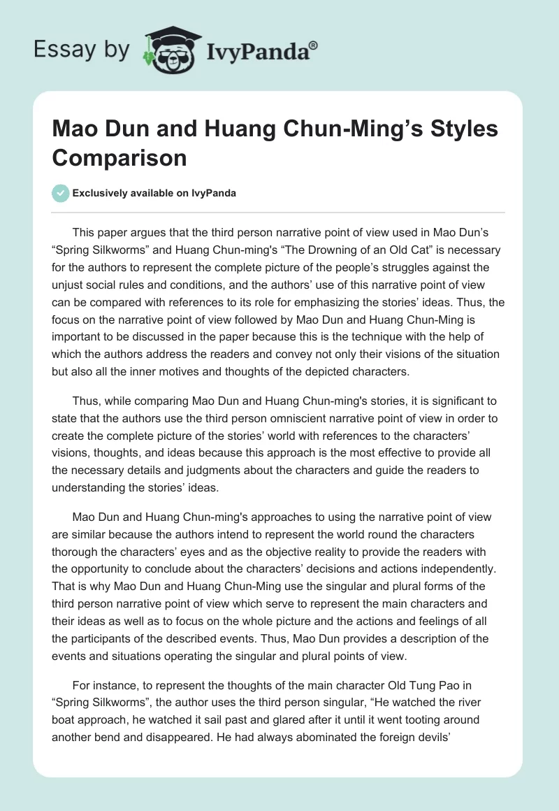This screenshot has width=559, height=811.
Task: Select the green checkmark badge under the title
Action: click(61, 193)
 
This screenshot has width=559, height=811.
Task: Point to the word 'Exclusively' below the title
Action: click(102, 194)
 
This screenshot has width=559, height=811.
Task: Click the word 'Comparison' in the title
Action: click(119, 157)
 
